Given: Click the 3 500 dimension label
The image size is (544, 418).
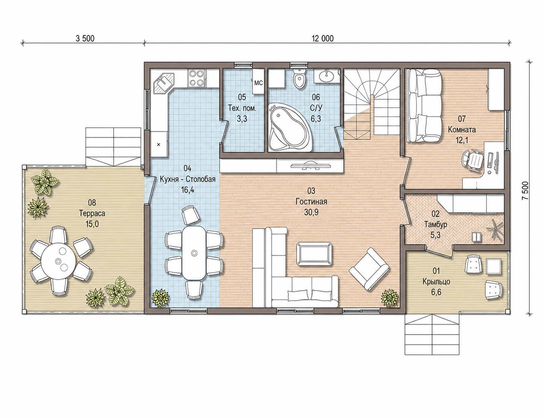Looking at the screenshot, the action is pos(85,38).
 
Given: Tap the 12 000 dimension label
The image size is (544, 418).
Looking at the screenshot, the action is pos(322,38).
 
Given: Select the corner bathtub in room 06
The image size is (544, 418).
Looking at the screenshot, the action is pos(289,128).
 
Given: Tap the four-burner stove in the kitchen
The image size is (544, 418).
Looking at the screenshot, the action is pos(197,78).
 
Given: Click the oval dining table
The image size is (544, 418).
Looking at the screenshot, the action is pos(194,253).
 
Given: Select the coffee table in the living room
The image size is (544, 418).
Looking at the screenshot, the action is pos(315,254).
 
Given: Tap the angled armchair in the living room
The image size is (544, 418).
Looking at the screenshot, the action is pos(369,269).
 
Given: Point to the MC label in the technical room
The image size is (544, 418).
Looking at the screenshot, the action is pos(259,83).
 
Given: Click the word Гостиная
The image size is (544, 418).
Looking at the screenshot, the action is pos(311,201).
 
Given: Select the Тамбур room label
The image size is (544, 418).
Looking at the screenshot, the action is pos(436,225).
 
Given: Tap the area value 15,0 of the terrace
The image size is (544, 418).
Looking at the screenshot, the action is pos(92,224).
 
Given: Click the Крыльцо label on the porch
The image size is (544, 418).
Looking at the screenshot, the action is pos(436,281).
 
